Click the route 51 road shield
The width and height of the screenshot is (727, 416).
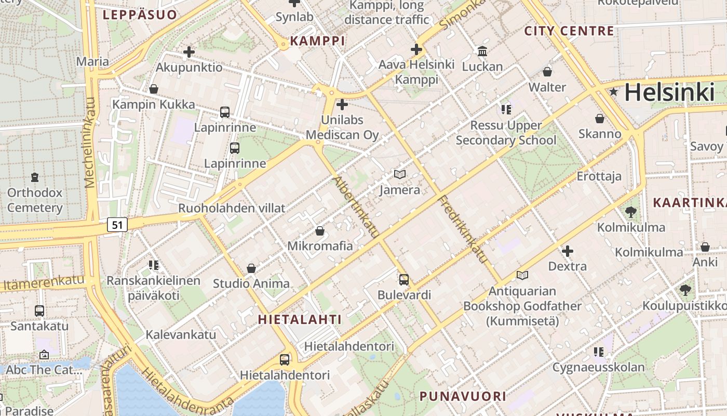point(117,225)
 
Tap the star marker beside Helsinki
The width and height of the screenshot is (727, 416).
point(614,92)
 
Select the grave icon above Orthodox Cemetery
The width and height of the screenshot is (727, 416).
point(35,178)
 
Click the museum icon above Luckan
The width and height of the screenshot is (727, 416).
point(482,51)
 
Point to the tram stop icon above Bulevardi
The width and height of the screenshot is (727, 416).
point(404,280)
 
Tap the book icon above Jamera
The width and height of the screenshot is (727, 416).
point(399,175)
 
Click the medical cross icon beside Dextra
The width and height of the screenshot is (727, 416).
point(568,252)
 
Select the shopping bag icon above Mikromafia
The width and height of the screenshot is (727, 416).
point(320,231)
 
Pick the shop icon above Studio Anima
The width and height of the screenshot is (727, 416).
point(251,268)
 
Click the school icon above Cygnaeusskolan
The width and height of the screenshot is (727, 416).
point(599,353)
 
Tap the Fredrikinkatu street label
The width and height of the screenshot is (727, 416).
point(463,229)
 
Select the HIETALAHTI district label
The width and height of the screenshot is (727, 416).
point(300,320)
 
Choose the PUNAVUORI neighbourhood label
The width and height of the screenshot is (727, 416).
point(463,396)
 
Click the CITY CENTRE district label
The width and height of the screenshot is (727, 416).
point(569,31)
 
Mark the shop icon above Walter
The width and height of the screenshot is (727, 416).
point(547,72)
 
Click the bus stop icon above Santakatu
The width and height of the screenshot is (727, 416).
point(39,311)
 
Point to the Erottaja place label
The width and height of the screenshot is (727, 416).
point(599,176)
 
